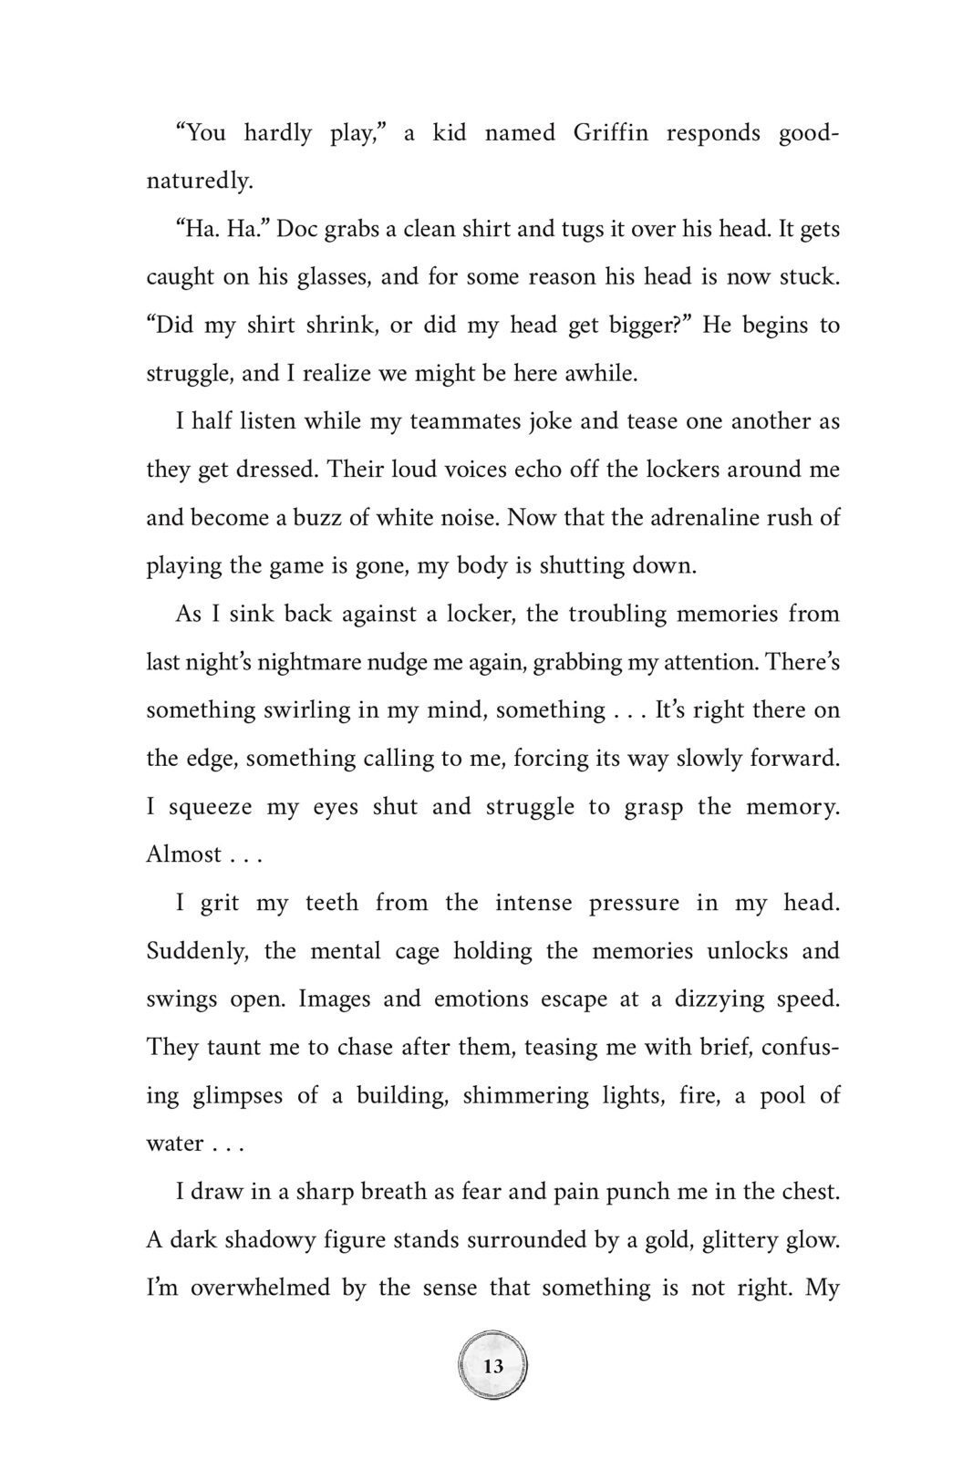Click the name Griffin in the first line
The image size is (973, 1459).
(610, 133)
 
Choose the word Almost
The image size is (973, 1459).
(183, 854)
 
